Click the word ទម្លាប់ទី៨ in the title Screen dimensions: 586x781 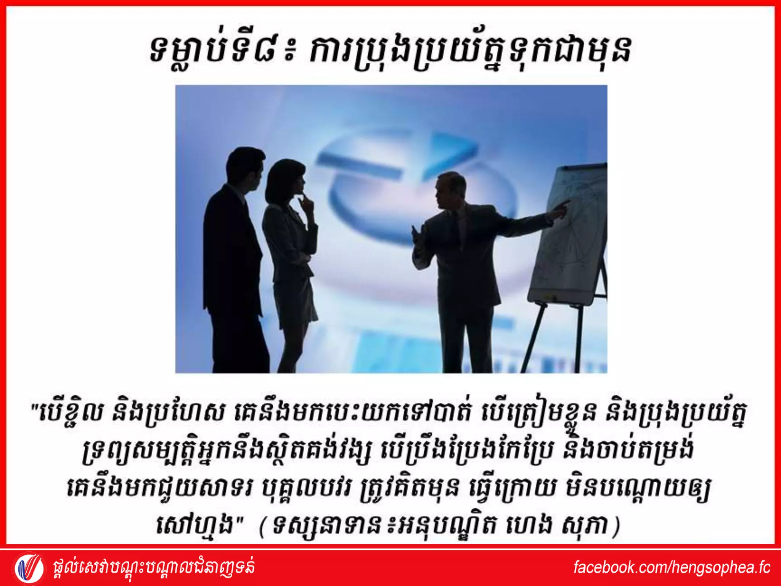click(x=218, y=52)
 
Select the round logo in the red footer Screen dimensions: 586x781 click(x=29, y=568)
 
